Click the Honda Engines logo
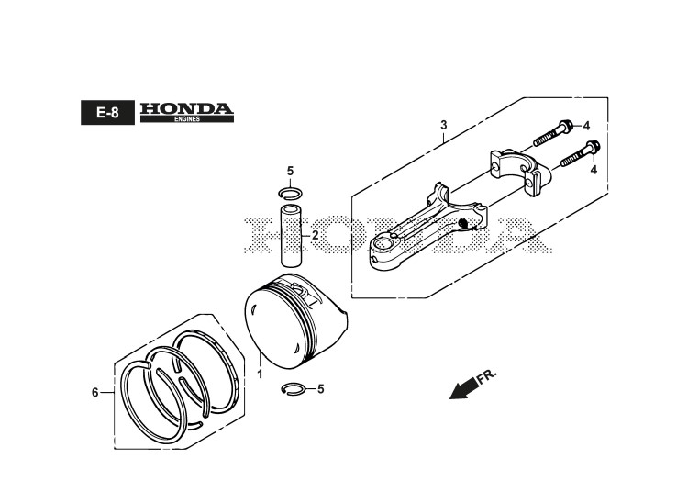point(187,113)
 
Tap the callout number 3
point(443,125)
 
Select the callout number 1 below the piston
point(259,374)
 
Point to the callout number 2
point(315,236)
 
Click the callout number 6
point(94,393)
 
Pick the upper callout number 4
point(586,126)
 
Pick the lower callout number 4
point(594,170)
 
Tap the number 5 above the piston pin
point(290,172)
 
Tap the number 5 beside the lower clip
point(320,389)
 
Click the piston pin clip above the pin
point(290,193)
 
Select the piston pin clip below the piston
point(295,389)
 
